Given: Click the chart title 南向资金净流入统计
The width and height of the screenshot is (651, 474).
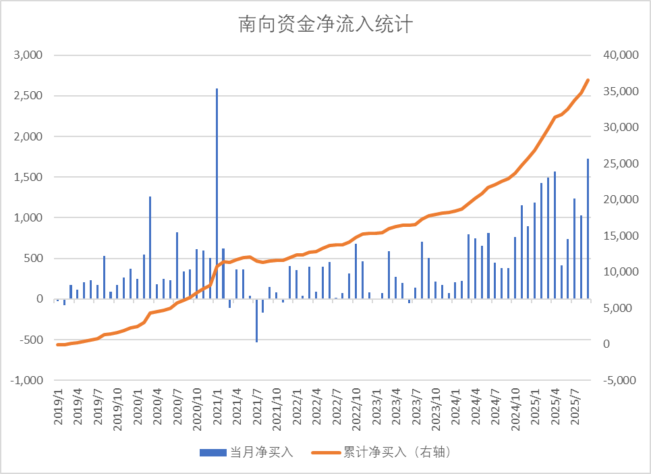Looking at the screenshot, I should coord(325,26).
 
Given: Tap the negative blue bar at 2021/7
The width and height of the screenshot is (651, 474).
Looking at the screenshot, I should coord(256,320).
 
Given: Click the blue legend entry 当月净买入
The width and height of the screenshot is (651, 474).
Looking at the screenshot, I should coord(247,452).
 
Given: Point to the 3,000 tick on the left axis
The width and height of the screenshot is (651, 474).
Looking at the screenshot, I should coord(28,55).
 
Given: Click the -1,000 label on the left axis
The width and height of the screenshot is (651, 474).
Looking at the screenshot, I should coord(26,380).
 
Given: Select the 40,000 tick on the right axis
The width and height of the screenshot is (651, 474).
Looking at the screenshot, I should coord(615,55).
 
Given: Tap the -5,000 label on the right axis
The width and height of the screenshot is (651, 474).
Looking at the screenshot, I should coord(615,380).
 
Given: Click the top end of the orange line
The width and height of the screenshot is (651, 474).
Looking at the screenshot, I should coord(588,80).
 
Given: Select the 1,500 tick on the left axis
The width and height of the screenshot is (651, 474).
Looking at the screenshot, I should coord(28,177).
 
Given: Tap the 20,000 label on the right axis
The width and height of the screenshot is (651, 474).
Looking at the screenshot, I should coord(615,200).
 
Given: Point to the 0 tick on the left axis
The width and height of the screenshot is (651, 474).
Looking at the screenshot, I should coord(40,299).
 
